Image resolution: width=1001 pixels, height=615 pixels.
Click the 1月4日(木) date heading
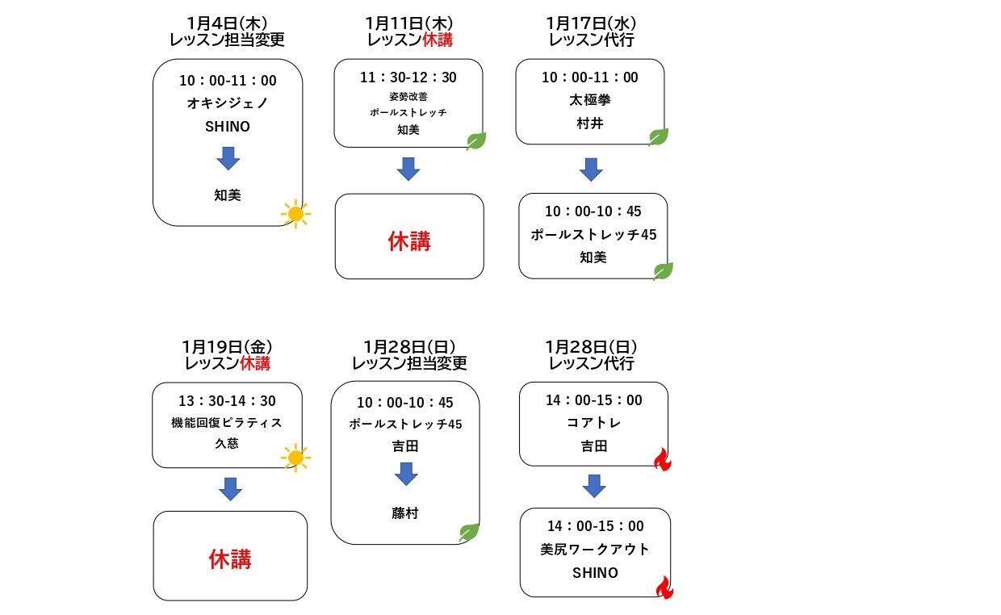227,23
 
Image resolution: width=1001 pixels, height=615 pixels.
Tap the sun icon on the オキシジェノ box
295,214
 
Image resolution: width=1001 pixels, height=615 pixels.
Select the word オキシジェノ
228,103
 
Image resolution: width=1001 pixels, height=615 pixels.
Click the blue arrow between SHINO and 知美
228,158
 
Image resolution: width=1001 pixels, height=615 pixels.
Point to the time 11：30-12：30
408,77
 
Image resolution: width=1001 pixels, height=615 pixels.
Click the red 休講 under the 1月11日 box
409,241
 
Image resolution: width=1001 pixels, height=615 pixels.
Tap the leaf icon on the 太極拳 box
658,136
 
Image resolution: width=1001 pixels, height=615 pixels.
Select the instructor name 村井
590,123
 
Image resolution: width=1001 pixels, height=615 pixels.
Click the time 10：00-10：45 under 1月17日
593,211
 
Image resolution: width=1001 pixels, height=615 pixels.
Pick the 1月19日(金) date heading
227,346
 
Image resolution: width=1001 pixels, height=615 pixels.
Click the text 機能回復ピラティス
227,422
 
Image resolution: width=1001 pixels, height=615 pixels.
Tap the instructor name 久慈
227,443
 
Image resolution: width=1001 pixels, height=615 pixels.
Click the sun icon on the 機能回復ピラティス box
295,458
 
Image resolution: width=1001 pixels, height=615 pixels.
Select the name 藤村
405,513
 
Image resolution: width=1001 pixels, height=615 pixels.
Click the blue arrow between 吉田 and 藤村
406,474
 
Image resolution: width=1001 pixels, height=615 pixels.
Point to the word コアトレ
594,422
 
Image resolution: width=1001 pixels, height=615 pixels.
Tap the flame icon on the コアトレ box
663,459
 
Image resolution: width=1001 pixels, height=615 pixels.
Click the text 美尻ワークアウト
595,549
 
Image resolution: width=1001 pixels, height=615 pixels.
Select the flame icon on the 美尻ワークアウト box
665,588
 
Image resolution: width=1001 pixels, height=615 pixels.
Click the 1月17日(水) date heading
591,23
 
